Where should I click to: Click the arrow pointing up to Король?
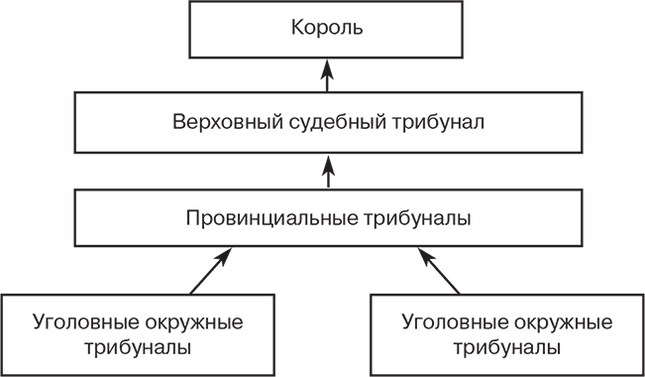pos(328,77)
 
